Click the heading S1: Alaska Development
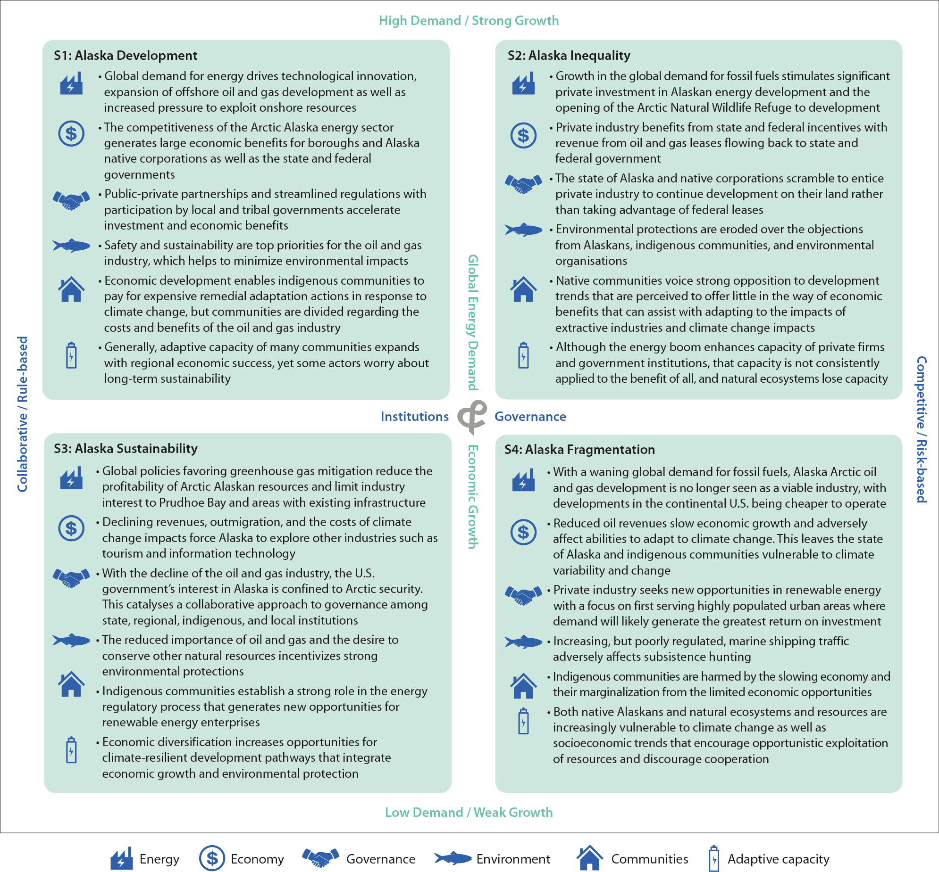125,56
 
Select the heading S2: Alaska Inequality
569,56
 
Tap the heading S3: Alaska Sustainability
125,449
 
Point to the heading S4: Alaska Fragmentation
579,450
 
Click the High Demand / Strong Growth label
469,21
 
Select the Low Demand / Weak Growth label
469,812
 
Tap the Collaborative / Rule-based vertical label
23,414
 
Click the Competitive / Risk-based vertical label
921,429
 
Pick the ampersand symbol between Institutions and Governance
472,417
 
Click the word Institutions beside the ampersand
414,417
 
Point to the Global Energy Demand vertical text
473,323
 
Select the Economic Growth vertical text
473,496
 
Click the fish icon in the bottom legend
453,858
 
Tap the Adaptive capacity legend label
778,859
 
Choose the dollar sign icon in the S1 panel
71,133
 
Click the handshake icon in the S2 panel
523,183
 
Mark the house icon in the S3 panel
71,684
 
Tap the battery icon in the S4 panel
523,721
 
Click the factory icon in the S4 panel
523,480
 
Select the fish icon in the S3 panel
71,640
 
